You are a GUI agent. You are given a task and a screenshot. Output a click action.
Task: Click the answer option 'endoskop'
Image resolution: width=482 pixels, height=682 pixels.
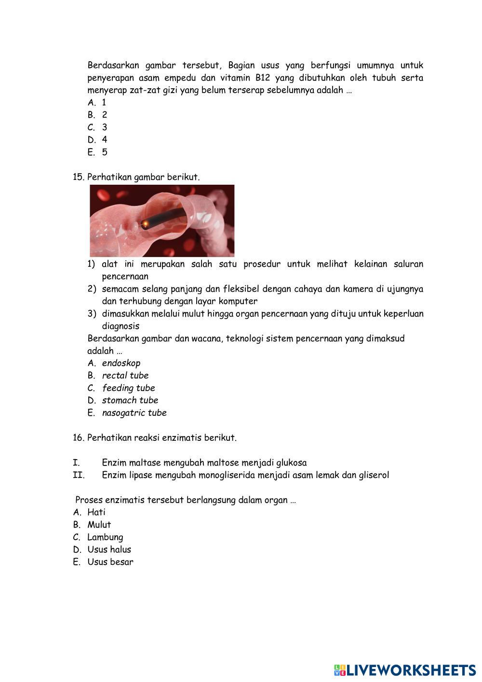(x=121, y=363)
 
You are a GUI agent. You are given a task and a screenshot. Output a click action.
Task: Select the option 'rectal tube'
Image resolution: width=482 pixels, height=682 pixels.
(x=125, y=376)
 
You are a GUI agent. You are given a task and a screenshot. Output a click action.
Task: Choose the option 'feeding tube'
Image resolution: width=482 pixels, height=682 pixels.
(x=128, y=388)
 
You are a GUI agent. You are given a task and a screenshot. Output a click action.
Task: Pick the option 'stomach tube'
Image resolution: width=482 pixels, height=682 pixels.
(x=130, y=400)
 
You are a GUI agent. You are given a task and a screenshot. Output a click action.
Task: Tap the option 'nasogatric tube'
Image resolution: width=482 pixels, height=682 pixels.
(x=134, y=413)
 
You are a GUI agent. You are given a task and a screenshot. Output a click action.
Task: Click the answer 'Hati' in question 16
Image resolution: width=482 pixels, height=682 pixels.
(x=96, y=512)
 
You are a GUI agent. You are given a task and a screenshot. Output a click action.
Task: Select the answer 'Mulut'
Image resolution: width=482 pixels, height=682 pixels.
(x=99, y=525)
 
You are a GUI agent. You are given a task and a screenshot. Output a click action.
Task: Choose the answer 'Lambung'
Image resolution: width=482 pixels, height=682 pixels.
(x=105, y=537)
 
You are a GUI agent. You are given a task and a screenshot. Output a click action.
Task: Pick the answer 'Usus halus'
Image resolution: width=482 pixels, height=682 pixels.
(x=109, y=549)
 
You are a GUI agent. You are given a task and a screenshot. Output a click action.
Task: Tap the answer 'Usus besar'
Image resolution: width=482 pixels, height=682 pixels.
(x=110, y=562)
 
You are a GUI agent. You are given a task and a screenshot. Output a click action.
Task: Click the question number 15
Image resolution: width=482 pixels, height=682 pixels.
(x=79, y=177)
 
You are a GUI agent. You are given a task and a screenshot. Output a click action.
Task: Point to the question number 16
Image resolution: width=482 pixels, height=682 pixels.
(x=79, y=438)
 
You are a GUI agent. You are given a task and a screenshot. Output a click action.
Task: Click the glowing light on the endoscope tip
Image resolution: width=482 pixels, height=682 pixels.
(x=145, y=223)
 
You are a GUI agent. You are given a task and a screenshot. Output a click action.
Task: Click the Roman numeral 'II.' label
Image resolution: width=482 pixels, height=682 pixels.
(x=79, y=475)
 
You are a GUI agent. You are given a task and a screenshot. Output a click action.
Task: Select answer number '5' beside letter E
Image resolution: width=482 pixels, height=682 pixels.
(x=105, y=152)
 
